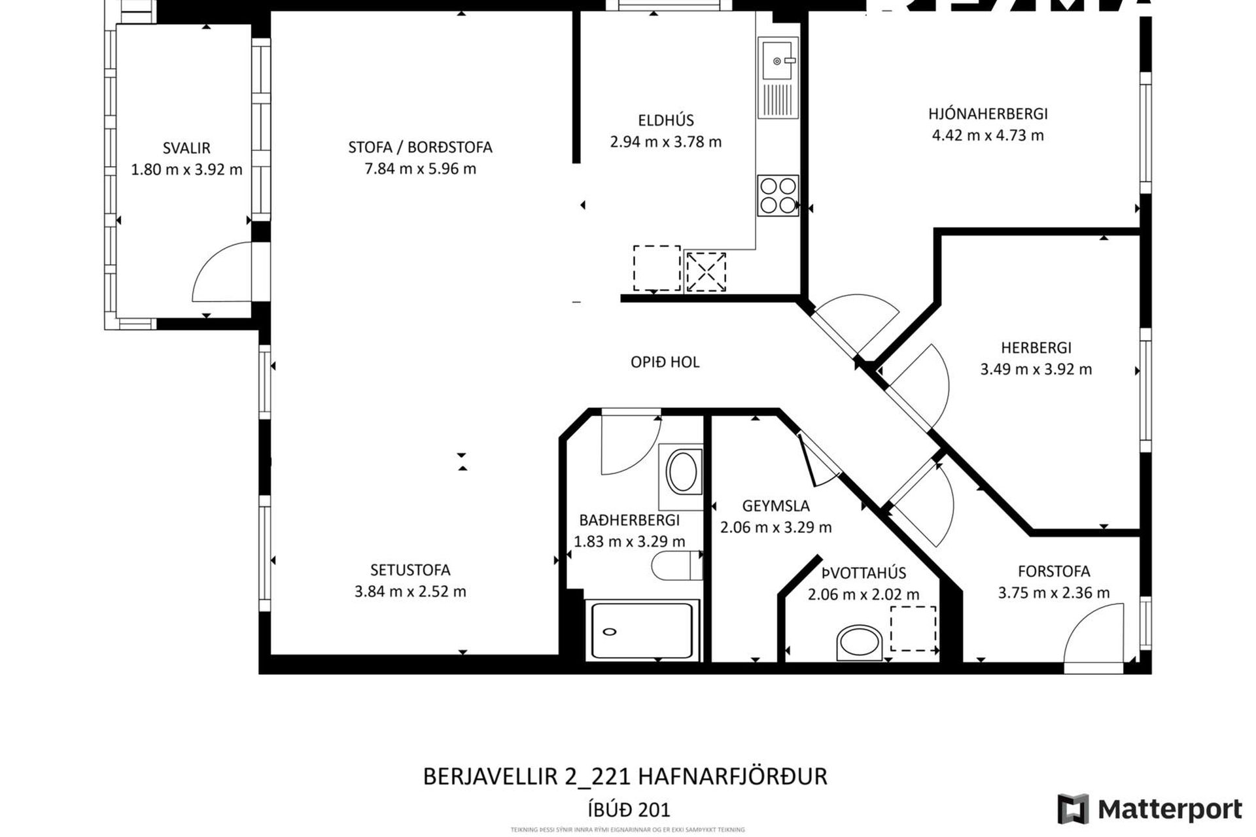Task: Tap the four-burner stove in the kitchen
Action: point(778,195)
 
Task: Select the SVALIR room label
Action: point(186,148)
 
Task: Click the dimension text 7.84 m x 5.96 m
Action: point(420,169)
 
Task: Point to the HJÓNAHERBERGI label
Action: point(988,114)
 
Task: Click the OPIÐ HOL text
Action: point(665,362)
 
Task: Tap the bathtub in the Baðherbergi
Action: point(641,630)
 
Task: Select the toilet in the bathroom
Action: point(676,566)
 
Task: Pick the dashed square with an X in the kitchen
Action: point(706,271)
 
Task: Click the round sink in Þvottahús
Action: point(860,643)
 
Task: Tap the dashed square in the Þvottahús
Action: point(913,628)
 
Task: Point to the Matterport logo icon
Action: point(1073,810)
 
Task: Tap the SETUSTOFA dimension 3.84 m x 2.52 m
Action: point(410,592)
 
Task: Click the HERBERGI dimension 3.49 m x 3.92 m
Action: point(1036,369)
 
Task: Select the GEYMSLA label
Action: point(776,505)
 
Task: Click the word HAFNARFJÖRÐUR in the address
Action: point(732,776)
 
